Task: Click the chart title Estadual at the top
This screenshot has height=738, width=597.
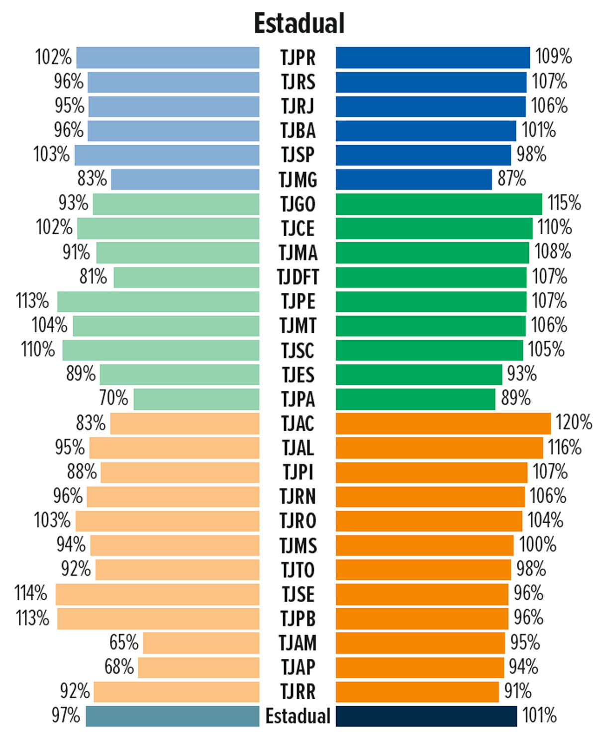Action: (299, 23)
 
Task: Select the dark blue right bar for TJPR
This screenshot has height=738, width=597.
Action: (433, 58)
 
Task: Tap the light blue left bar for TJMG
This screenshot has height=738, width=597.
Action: (185, 180)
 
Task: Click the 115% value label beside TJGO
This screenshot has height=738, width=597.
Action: (564, 203)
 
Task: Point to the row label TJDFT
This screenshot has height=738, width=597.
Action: (298, 277)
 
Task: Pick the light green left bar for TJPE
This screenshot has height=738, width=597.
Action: (158, 301)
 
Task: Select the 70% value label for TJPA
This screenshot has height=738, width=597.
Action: (113, 398)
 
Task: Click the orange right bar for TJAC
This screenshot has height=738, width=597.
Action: (443, 423)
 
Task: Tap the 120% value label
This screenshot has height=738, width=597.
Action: (574, 423)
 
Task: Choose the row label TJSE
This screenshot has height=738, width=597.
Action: (298, 594)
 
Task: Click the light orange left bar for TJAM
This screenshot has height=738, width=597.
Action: (201, 643)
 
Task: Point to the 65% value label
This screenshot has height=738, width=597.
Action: (124, 643)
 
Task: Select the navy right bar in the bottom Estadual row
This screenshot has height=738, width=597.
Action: (426, 716)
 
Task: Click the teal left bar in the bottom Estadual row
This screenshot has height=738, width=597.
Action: (173, 716)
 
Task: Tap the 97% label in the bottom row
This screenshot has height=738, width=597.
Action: (66, 716)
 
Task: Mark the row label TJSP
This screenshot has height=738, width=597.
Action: (298, 155)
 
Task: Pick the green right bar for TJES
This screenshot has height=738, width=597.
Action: (419, 374)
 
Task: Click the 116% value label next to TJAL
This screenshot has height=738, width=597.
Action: (565, 448)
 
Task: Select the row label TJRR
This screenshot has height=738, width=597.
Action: (298, 692)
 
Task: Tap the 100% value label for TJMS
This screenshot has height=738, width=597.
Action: (538, 545)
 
